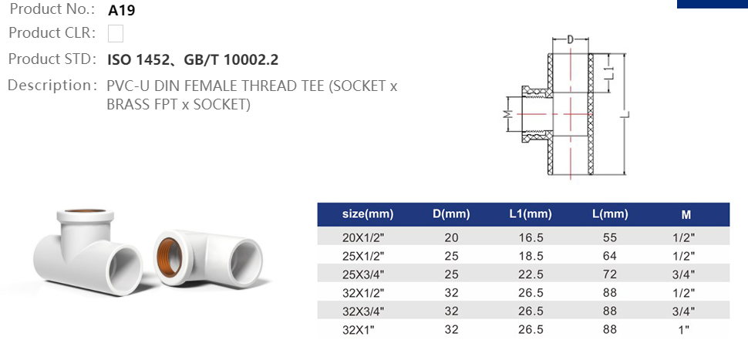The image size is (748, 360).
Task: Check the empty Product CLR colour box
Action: pyautogui.click(x=116, y=33)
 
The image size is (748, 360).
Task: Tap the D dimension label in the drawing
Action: pyautogui.click(x=570, y=39)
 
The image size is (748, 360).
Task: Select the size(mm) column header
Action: pyautogui.click(x=367, y=214)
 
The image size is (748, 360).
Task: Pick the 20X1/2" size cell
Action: pyautogui.click(x=362, y=237)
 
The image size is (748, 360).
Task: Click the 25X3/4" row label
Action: pyautogui.click(x=362, y=274)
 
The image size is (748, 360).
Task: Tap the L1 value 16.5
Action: pyautogui.click(x=531, y=237)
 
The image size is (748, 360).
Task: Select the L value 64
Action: pyautogui.click(x=610, y=255)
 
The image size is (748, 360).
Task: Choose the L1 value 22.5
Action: pyautogui.click(x=531, y=274)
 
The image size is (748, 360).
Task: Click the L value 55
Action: pyautogui.click(x=610, y=237)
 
